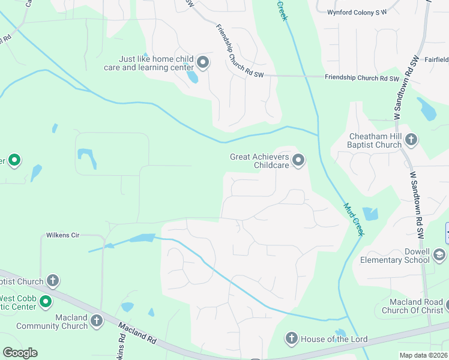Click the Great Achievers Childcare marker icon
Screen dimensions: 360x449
tap(298, 160)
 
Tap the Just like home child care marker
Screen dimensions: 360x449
tap(203, 62)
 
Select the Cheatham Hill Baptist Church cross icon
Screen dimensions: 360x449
tap(411, 140)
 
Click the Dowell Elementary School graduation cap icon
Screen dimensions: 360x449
tap(439, 256)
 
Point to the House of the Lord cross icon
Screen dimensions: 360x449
tap(292, 339)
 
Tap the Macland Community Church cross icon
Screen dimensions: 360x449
tap(96, 321)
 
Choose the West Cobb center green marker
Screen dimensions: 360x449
tap(46, 302)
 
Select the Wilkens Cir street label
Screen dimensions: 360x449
tap(63, 235)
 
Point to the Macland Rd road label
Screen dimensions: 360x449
tap(137, 333)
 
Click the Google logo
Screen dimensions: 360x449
tap(20, 353)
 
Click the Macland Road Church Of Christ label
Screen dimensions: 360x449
tap(411, 305)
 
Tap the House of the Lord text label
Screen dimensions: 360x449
tap(334, 340)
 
